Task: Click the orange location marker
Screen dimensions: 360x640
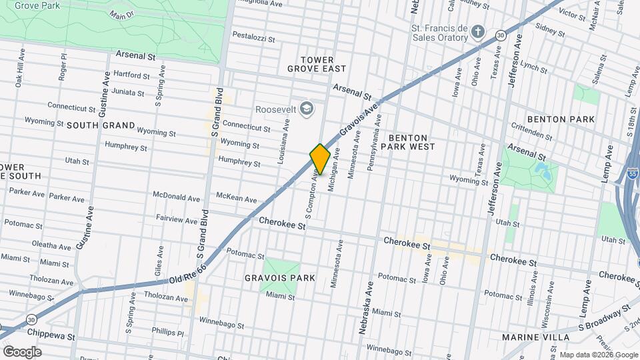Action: [320, 159]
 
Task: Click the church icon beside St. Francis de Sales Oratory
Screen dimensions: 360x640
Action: [477, 32]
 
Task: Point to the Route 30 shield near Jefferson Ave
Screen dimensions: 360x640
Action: [500, 35]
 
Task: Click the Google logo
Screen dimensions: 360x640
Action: [22, 351]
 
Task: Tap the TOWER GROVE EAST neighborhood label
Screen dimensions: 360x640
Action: [317, 64]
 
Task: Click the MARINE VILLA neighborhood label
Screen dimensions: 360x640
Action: [537, 337]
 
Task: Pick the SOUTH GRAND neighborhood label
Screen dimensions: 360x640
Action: [101, 125]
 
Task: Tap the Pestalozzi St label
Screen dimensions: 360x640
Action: [253, 37]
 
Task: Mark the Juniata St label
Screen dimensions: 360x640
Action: [128, 92]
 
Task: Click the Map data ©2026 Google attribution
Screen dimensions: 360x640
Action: [598, 355]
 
